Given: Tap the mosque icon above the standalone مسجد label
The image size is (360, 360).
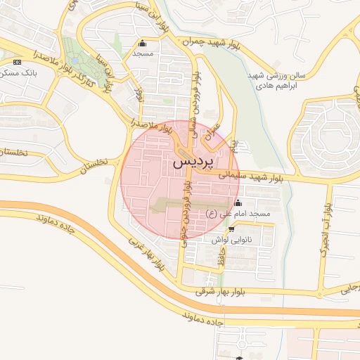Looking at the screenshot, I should click(143, 43).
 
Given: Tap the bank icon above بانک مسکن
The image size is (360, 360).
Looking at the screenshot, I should click(17, 62).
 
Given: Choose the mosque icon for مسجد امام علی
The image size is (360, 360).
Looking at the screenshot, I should click(238, 203).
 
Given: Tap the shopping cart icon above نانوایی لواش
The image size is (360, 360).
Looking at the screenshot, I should click(231, 229).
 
